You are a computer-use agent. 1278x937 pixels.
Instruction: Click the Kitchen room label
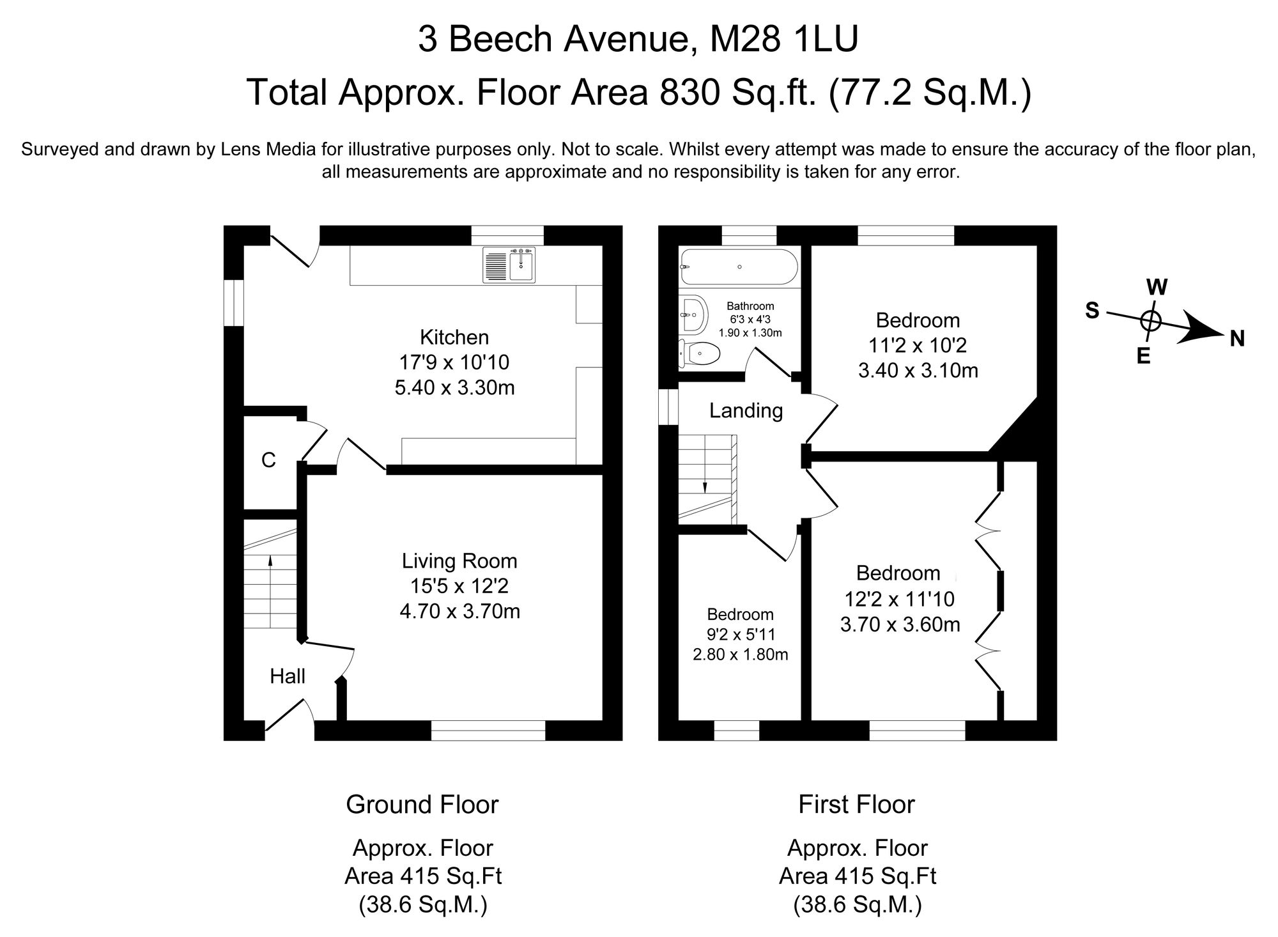454,337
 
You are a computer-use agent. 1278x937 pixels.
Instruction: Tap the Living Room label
459,561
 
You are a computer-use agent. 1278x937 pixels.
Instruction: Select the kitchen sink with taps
511,265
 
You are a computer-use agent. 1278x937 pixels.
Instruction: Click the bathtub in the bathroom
739,267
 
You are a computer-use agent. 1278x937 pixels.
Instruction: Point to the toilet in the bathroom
699,352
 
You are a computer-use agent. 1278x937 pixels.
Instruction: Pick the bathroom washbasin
693,315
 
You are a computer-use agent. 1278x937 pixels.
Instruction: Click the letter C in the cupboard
268,460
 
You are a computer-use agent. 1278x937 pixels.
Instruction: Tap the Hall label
288,676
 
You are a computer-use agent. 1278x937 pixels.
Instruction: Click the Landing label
746,410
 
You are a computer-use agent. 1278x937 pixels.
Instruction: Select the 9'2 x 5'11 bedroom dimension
741,635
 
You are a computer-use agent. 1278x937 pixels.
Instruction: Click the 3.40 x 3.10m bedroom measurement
918,371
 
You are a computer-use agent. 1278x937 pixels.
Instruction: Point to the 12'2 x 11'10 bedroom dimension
900,599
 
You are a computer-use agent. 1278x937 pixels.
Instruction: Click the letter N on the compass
1237,339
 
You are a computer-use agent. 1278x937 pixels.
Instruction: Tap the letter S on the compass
1092,311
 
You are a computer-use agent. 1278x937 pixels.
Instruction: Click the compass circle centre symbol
1150,321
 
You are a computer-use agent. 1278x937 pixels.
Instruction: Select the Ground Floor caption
422,804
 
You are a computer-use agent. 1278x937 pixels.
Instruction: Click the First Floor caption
856,804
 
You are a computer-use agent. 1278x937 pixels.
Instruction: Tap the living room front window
488,730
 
